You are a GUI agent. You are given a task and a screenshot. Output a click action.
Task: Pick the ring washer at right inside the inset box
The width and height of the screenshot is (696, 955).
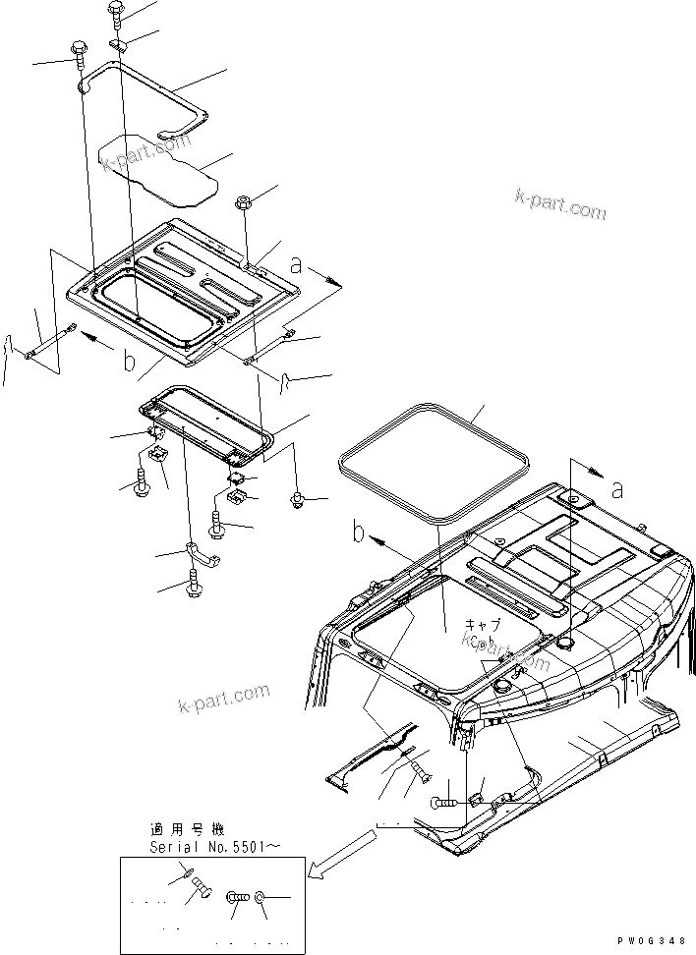pyautogui.click(x=260, y=897)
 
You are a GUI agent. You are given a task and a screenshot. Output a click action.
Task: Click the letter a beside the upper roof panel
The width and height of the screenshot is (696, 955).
pyautogui.click(x=296, y=264)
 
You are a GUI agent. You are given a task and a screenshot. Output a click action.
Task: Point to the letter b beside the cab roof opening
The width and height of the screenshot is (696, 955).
pyautogui.click(x=359, y=534)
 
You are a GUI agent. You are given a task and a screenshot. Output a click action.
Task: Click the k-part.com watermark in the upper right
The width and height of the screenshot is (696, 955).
pyautogui.click(x=559, y=203)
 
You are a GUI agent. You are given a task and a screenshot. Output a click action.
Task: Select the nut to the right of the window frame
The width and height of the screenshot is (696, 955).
pyautogui.click(x=297, y=501)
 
